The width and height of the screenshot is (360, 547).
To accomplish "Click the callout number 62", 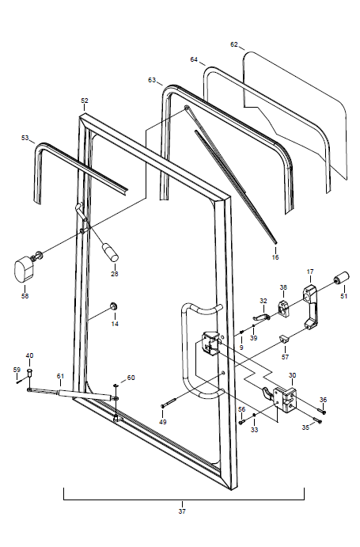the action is pos(233,44).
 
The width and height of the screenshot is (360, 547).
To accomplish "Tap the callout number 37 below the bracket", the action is pos(182,511).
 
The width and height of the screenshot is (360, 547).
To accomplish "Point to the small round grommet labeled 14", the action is pos(113,306).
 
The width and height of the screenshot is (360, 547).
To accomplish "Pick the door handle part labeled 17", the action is pos(310,306).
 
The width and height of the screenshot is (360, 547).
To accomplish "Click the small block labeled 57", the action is pos(284,339).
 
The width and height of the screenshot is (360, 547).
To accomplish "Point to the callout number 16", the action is pos(275,257).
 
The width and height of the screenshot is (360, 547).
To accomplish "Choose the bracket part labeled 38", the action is pos(283,309).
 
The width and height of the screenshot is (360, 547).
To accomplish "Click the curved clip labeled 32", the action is pos(262,317).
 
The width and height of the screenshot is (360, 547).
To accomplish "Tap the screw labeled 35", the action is pos(317,420).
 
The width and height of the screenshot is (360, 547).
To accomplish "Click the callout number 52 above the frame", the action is pos(85,101).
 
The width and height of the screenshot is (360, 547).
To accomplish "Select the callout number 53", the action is pos(25,138).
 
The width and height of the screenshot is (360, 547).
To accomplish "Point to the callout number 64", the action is pos(194,59).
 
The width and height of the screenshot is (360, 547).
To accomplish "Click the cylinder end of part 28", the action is pos(110,253).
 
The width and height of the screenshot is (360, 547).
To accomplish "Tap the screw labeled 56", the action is pos(241,423).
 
